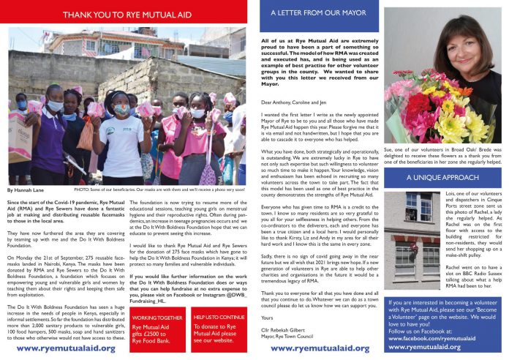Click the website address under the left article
pos(66,348)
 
